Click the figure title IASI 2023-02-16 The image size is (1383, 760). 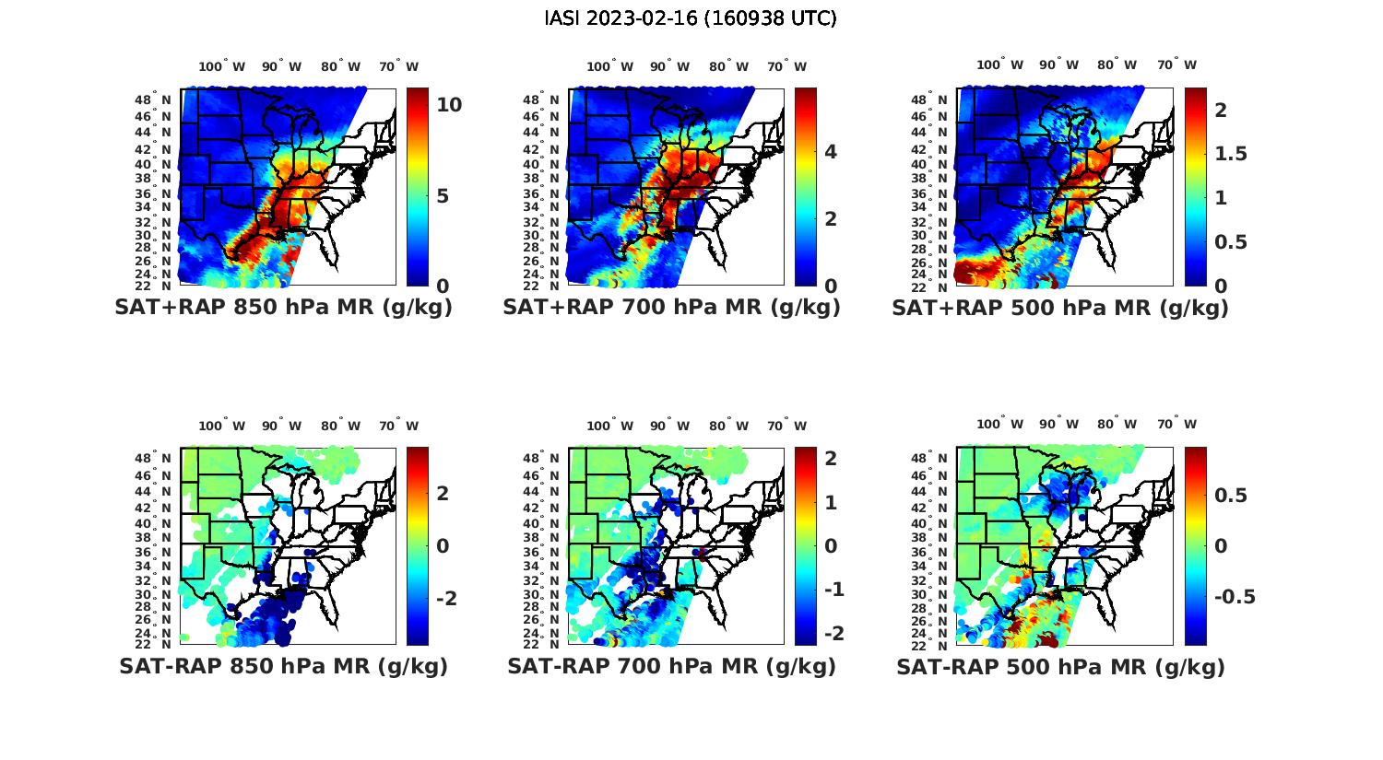tap(691, 18)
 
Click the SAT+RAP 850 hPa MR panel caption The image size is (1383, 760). tap(283, 308)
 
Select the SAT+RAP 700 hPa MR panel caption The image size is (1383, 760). tap(671, 308)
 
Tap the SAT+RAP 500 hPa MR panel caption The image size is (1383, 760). tap(1060, 308)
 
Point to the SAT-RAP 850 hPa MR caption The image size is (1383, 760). tap(283, 666)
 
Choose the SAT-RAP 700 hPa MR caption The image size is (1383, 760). tap(671, 666)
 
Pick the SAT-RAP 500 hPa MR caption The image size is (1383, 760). tap(1060, 666)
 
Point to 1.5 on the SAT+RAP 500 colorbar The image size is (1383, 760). tap(1232, 154)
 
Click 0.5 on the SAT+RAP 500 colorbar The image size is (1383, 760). tap(1232, 241)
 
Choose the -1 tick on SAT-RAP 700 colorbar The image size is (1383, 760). tap(833, 590)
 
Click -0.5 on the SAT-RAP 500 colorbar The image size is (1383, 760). tap(1235, 597)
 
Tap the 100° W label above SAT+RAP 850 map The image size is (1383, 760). tap(221, 66)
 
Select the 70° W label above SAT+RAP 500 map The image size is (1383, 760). tap(1176, 64)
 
